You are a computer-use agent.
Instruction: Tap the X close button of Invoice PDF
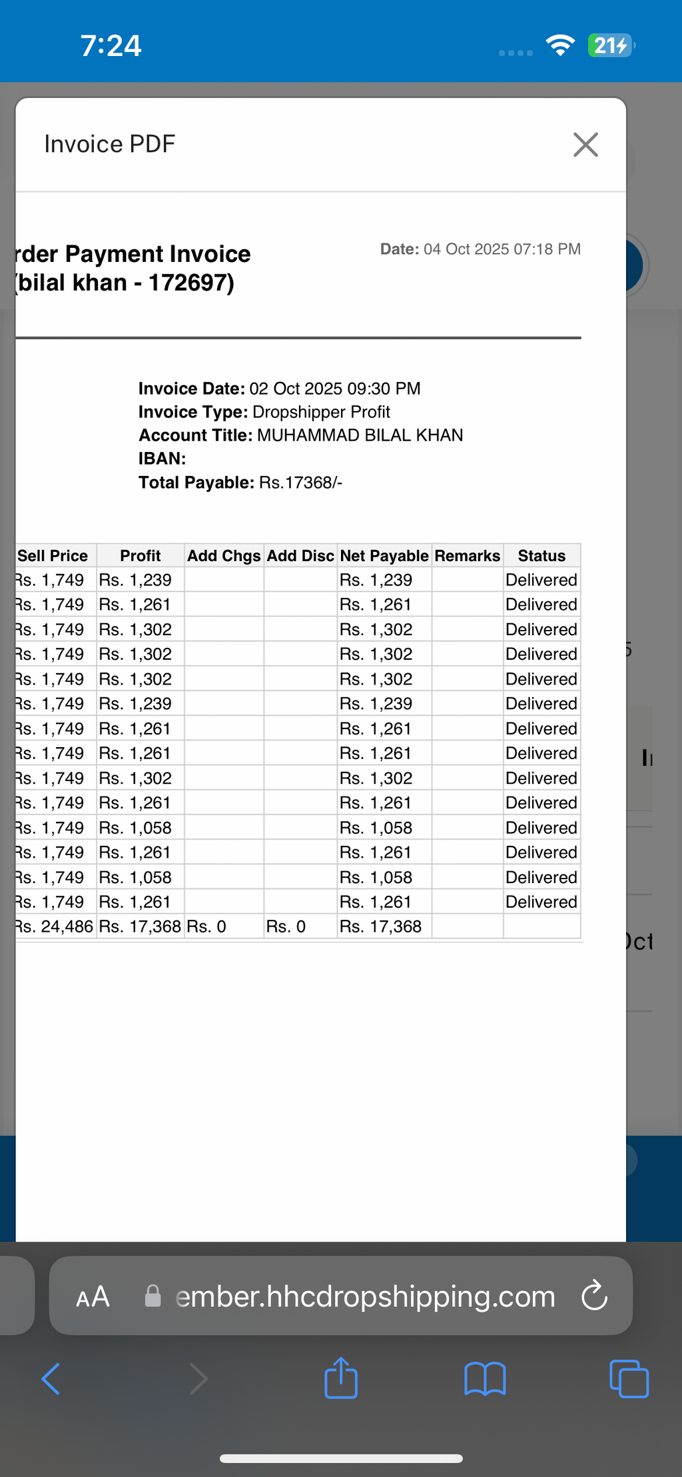pos(585,144)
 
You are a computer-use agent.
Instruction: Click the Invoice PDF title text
pos(110,144)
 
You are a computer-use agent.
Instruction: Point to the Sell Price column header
pos(53,556)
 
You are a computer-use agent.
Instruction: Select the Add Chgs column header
pos(224,556)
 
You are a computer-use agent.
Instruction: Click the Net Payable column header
pos(384,556)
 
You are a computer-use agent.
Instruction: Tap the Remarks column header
pos(468,556)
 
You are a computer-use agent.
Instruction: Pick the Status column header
pos(541,556)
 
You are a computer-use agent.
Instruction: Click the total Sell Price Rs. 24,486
pos(55,926)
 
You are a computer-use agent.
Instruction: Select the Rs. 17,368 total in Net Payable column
pos(380,926)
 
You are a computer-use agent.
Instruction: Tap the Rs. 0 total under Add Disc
pos(286,926)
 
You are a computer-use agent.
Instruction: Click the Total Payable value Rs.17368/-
pos(300,483)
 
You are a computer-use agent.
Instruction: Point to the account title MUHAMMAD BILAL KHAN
pos(360,435)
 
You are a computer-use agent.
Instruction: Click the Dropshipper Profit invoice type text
pos(321,412)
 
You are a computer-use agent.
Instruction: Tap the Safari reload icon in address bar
pos(594,1296)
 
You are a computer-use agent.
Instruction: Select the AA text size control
pos(93,1297)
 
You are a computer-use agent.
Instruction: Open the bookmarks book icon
pos(485,1378)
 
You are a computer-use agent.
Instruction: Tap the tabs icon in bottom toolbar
pos(629,1378)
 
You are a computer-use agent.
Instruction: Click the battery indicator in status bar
pos(611,45)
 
